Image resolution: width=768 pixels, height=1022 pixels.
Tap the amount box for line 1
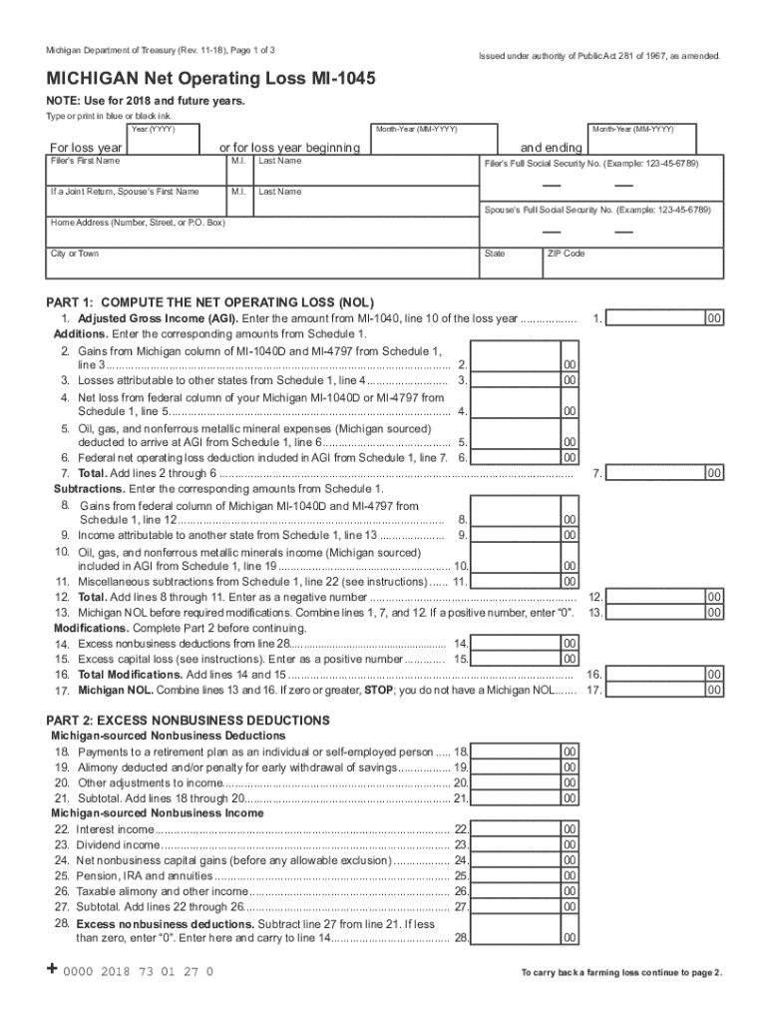pyautogui.click(x=654, y=318)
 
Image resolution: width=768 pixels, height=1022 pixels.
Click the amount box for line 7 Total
pyautogui.click(x=654, y=473)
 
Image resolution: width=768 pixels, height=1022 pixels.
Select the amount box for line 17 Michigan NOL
pyautogui.click(x=654, y=689)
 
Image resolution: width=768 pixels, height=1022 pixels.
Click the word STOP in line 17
pyautogui.click(x=378, y=690)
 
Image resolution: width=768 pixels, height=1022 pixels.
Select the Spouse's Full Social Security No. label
pyautogui.click(x=597, y=212)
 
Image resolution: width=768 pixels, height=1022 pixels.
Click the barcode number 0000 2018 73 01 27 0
pyautogui.click(x=139, y=971)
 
